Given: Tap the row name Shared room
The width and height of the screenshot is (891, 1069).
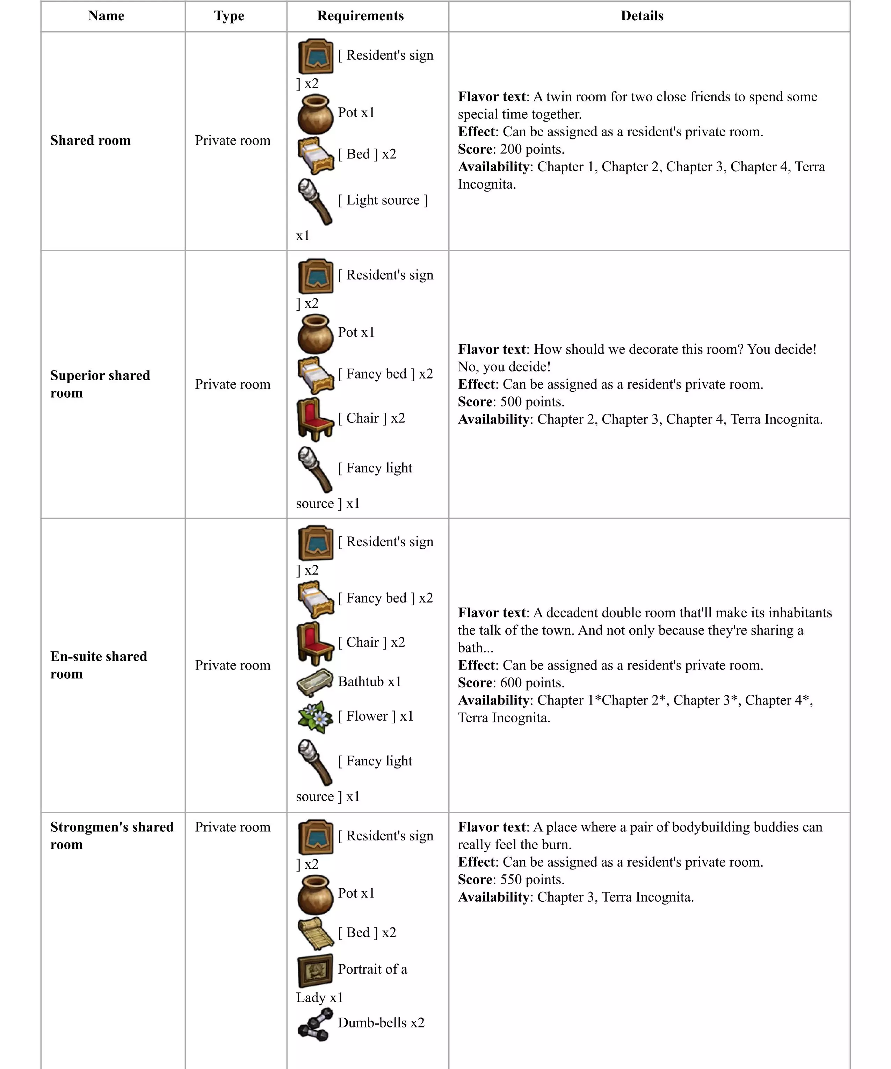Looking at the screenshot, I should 90,140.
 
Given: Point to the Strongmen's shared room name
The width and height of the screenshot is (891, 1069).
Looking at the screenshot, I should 111,835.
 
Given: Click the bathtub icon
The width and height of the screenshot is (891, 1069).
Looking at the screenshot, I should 315,682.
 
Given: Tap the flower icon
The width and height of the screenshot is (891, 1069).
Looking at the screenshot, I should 315,717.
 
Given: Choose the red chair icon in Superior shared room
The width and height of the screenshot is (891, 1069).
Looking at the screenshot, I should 315,419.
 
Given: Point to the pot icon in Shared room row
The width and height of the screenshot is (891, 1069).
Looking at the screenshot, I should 315,114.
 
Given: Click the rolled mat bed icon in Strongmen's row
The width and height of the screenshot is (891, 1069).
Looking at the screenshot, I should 315,933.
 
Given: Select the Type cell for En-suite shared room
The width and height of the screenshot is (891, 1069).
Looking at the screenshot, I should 233,665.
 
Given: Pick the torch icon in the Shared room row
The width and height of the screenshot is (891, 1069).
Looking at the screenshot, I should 315,201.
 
